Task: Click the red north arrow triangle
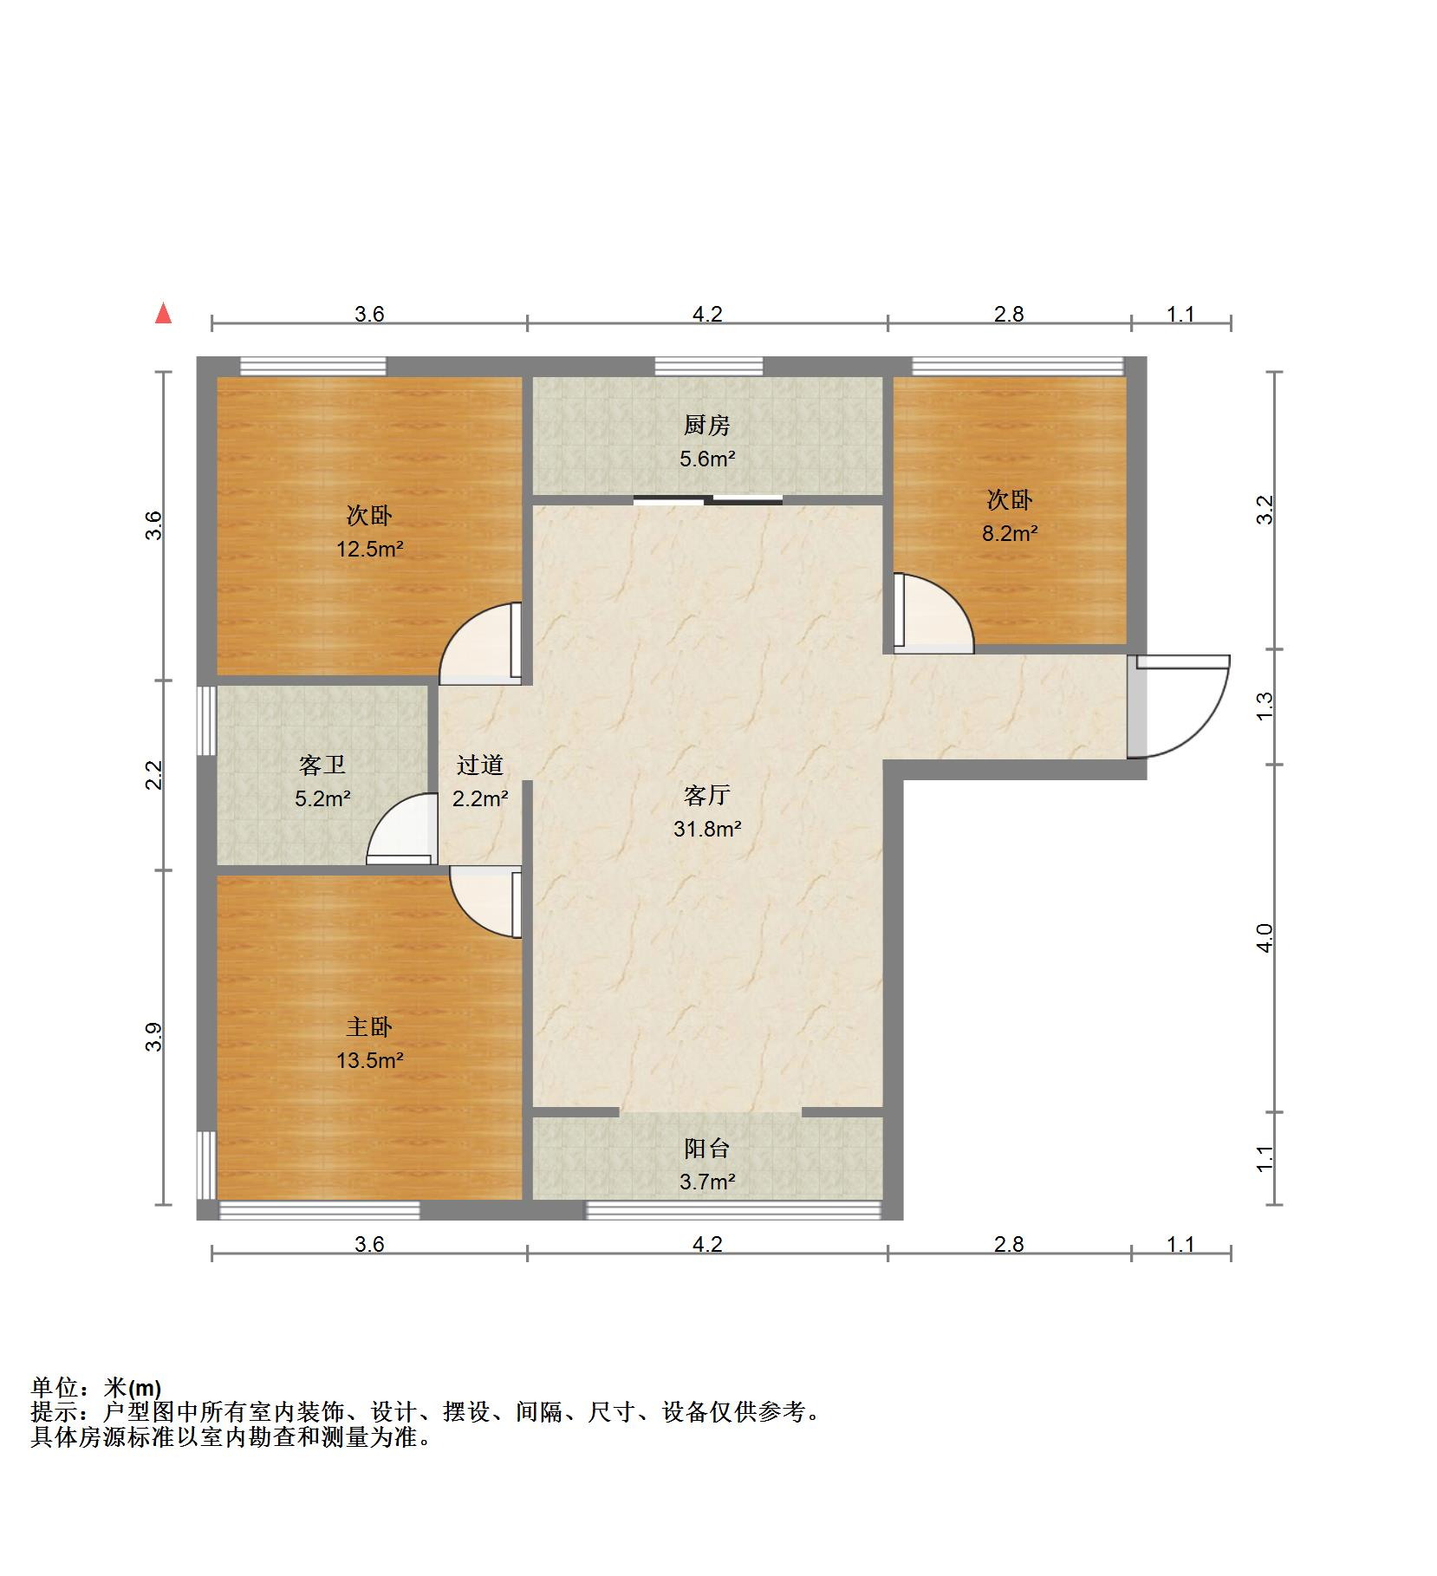(163, 314)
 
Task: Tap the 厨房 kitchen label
(706, 426)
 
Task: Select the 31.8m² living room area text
(706, 830)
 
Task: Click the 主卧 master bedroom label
(369, 1027)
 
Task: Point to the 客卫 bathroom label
(322, 765)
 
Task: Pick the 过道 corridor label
(479, 765)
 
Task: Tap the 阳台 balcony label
(706, 1149)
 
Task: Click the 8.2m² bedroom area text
(1009, 534)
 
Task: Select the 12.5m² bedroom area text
(369, 549)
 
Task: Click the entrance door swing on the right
(1183, 707)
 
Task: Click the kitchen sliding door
(708, 498)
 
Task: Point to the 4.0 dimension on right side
(1265, 938)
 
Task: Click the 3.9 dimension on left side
(154, 1037)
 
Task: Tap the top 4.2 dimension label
(706, 314)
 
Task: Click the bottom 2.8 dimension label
(1009, 1245)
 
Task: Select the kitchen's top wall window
(708, 366)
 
